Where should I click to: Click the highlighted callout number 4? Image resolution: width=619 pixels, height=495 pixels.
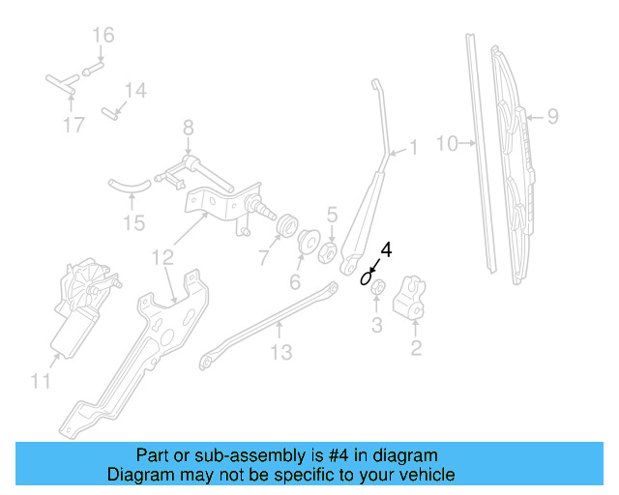pyautogui.click(x=387, y=249)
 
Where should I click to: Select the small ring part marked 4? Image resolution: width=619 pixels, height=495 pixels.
pyautogui.click(x=367, y=279)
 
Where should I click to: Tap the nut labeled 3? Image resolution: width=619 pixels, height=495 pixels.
pyautogui.click(x=379, y=288)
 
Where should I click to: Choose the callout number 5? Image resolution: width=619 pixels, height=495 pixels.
pyautogui.click(x=331, y=215)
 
